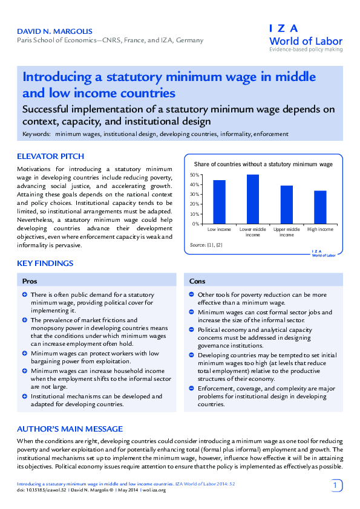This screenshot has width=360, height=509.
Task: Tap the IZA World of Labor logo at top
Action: tap(306, 37)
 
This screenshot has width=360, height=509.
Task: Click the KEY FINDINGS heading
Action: tap(45, 264)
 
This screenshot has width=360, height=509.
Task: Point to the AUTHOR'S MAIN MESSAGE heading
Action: tap(70, 429)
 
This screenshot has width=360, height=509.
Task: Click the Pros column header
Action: tap(30, 282)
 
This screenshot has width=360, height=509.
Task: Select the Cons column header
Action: tap(197, 282)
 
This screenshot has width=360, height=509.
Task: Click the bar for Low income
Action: tap(219, 202)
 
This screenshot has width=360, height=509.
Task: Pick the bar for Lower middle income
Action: tap(253, 199)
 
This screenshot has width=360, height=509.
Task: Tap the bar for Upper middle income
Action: tap(287, 204)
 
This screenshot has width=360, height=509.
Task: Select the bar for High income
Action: tap(320, 207)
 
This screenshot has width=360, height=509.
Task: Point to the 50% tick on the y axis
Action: tap(195, 175)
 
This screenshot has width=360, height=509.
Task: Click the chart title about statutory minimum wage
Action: tap(263, 164)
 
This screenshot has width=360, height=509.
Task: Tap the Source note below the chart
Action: tap(206, 245)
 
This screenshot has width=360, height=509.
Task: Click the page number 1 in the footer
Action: tap(336, 485)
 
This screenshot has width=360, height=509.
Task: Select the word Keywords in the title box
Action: tap(36, 134)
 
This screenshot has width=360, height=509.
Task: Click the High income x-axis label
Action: tap(320, 230)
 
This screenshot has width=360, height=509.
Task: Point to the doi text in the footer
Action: tap(36, 490)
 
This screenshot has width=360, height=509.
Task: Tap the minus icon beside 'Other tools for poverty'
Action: tap(191, 295)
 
